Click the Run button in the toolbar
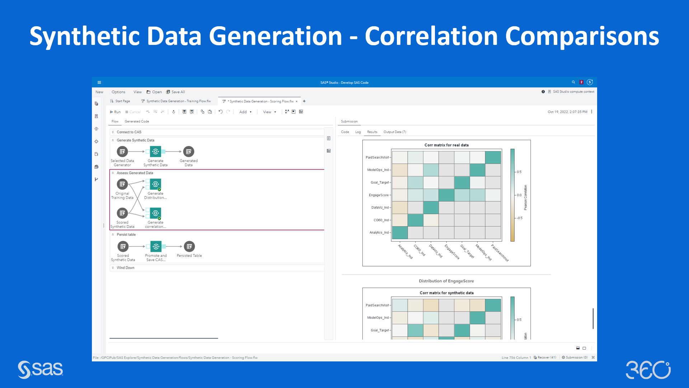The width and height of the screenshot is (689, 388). (x=115, y=112)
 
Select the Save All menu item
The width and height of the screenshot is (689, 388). (x=175, y=92)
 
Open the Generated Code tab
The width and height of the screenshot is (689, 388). (x=137, y=121)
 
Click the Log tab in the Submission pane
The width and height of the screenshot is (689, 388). (x=358, y=132)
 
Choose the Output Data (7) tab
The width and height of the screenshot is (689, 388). (x=394, y=132)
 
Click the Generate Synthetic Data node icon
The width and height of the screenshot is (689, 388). (x=155, y=152)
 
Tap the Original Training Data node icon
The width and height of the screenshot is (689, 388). (x=122, y=184)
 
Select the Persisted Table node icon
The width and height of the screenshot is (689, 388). (x=189, y=246)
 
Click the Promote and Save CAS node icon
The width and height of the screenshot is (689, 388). (x=156, y=246)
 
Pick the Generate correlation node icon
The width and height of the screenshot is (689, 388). (x=155, y=213)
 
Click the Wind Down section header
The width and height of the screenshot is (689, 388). (x=125, y=268)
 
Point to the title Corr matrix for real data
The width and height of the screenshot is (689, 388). (x=446, y=145)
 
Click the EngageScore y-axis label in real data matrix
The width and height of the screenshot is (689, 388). (x=379, y=195)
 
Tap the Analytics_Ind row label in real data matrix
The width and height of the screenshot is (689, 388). (x=379, y=232)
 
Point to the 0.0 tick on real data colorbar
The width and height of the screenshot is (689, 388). (x=519, y=195)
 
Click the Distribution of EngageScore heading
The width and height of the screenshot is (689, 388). (x=446, y=281)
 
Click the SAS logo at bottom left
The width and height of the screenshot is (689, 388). (x=40, y=369)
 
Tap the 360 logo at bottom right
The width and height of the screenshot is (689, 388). (x=648, y=370)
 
